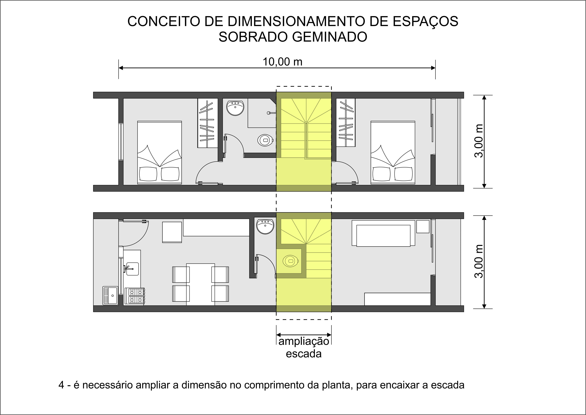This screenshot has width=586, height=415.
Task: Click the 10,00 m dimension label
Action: (282, 62)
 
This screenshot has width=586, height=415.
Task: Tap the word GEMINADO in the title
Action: (330, 37)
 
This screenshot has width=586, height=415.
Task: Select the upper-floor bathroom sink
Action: (235, 108)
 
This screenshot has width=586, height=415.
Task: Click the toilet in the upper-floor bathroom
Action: (265, 140)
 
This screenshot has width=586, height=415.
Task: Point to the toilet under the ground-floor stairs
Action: (291, 261)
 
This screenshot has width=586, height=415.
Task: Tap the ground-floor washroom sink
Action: (265, 226)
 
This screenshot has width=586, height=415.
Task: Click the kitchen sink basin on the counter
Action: (133, 269)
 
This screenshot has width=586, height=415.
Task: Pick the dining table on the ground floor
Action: (200, 284)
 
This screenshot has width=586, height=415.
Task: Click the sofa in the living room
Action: (383, 233)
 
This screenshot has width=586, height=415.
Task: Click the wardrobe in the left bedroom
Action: (208, 123)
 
